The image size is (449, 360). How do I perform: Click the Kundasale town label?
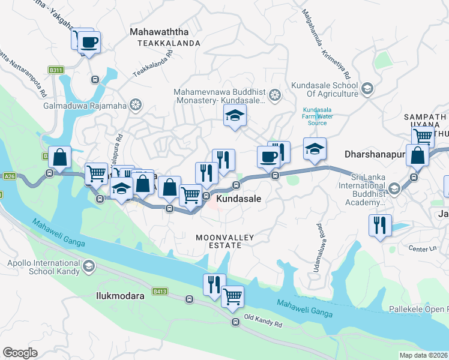[x=238, y=198]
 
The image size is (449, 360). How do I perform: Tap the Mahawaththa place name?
[x=159, y=32]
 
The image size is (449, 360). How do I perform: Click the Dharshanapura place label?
[x=375, y=154]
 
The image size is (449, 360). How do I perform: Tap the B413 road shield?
[x=159, y=292]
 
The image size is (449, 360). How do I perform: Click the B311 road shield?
[x=56, y=70]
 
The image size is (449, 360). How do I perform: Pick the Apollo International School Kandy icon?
[x=89, y=265]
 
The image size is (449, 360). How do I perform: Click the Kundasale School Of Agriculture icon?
[x=367, y=89]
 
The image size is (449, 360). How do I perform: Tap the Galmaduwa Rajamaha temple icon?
[x=136, y=105]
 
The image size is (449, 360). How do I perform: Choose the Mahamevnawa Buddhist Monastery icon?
[x=275, y=95]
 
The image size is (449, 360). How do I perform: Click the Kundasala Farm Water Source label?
[x=317, y=117]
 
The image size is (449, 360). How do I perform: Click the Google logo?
[x=20, y=353]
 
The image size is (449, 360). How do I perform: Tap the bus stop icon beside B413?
[x=190, y=298]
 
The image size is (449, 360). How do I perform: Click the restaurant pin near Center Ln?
[x=380, y=225]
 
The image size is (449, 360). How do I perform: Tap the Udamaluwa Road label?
[x=317, y=248]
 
